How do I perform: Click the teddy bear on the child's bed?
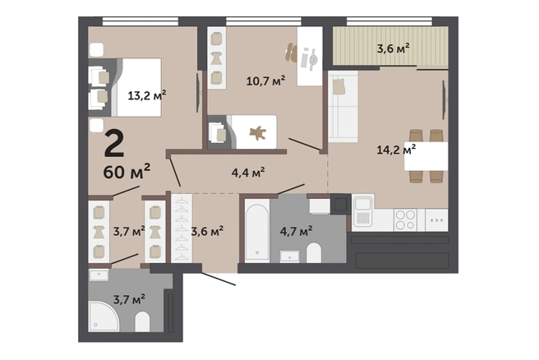(x=257, y=133)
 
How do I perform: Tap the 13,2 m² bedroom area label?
(x=147, y=95)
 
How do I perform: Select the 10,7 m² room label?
(x=265, y=81)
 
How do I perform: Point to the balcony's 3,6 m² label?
(x=394, y=48)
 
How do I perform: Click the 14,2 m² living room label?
(x=396, y=150)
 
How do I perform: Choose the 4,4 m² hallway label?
(x=248, y=173)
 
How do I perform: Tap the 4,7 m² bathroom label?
(x=296, y=231)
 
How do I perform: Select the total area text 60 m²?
(x=127, y=171)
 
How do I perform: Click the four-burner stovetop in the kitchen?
(x=405, y=219)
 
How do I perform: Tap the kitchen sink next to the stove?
(x=362, y=211)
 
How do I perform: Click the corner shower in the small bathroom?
(x=104, y=316)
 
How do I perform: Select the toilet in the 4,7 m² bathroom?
(x=314, y=252)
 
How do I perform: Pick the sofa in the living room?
(x=343, y=107)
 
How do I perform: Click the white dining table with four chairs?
(x=426, y=156)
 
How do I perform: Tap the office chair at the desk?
(x=291, y=53)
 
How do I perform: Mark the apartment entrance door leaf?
(x=219, y=279)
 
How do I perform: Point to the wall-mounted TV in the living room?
(x=444, y=99)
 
